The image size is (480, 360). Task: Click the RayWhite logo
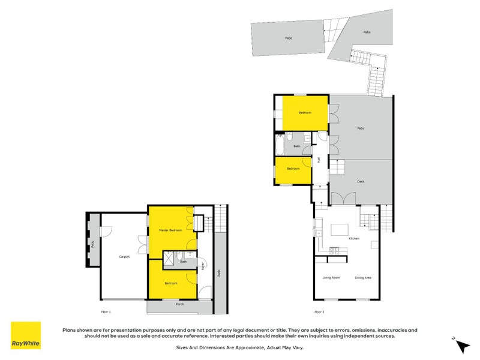click(26, 335)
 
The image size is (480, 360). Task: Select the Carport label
click(124, 256)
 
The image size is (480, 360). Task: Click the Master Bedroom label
click(170, 230)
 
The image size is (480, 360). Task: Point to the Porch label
click(179, 304)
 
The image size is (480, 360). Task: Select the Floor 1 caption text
click(106, 312)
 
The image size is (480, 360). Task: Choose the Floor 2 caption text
click(319, 312)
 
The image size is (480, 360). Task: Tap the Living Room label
click(331, 277)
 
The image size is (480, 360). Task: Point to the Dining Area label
click(363, 277)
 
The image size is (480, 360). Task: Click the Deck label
click(361, 181)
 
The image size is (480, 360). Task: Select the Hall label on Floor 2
click(319, 159)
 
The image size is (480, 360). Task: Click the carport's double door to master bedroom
click(143, 244)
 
